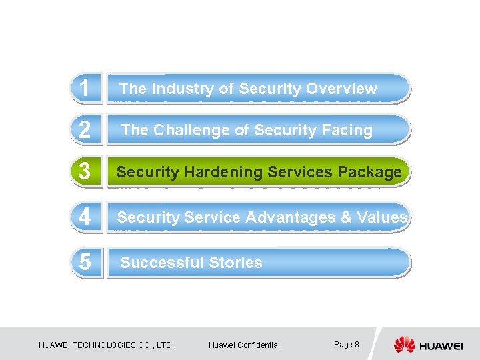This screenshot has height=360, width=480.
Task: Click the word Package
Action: pos(370,172)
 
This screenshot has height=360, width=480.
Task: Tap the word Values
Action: pos(382,217)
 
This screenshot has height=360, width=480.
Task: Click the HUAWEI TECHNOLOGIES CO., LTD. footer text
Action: pos(107,345)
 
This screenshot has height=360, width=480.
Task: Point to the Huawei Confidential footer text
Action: pos(244,345)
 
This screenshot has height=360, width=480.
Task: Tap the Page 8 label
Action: pos(346,344)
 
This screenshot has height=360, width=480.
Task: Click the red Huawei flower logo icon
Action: pos(404,345)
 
